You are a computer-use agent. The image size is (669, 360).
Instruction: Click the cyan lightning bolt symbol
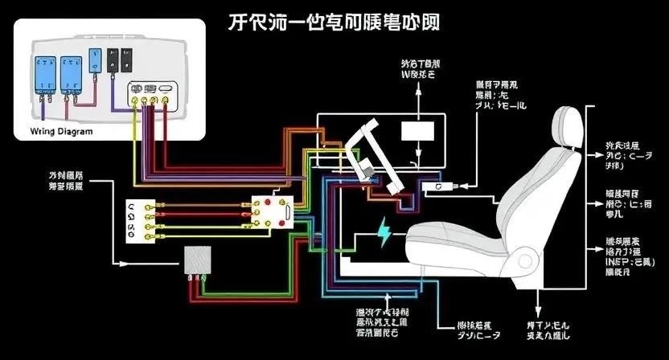386,234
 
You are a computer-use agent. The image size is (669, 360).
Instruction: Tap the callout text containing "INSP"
623,256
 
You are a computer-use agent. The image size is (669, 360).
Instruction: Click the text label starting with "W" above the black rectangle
418,68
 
